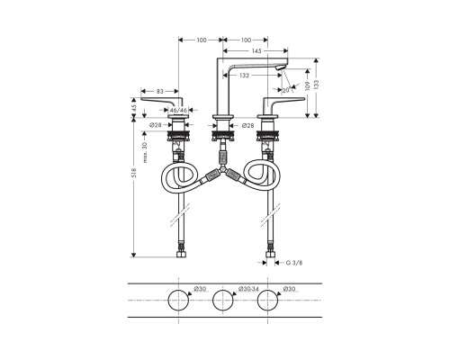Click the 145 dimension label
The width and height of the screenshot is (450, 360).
(x=256, y=51)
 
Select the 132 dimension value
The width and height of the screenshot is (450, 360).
(x=245, y=76)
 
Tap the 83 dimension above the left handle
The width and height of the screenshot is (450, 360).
(x=160, y=91)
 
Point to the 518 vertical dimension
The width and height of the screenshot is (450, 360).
(x=134, y=173)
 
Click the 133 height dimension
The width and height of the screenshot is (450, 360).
(x=317, y=85)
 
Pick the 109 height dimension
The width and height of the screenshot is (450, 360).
(x=307, y=87)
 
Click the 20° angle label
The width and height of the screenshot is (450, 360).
(x=286, y=90)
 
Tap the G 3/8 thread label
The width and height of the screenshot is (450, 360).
(x=294, y=263)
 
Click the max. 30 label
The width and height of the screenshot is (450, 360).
(x=145, y=152)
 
